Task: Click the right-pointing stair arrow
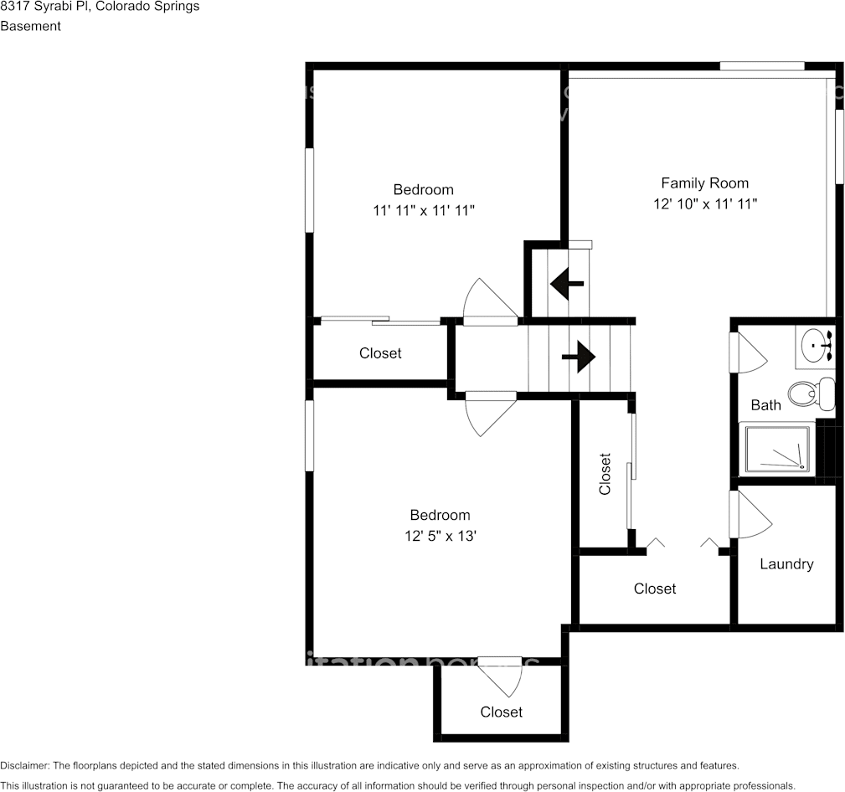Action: point(579,357)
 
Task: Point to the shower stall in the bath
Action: point(775,449)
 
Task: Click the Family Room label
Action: point(704,183)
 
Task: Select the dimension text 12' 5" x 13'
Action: point(440,536)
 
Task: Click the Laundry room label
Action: point(786,563)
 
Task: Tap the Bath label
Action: point(765,405)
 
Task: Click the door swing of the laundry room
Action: point(748,517)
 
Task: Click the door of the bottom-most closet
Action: point(502,675)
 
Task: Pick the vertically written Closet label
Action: point(605,474)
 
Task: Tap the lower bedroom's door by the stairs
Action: point(489,412)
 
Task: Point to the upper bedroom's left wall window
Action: point(309,190)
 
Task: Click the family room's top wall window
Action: point(762,66)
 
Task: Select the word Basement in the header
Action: point(30,26)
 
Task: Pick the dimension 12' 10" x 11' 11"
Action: point(705,203)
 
